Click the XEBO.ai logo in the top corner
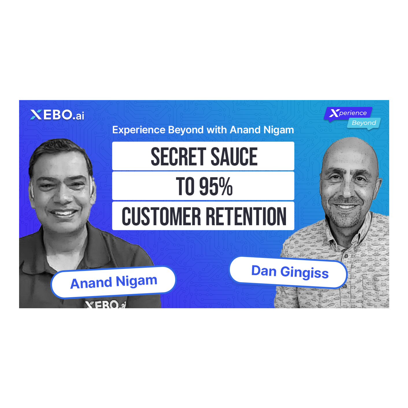pos(57,115)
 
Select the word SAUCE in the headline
pos(234,156)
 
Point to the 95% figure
pos(216,187)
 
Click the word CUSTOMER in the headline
pos(161,216)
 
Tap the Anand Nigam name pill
pos(113,282)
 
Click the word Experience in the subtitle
pos(139,130)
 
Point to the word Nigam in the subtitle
pos(278,130)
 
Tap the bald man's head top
pos(348,147)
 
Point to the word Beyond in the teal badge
pos(364,123)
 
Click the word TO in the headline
pos(185,187)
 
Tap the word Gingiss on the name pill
pos(304,273)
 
